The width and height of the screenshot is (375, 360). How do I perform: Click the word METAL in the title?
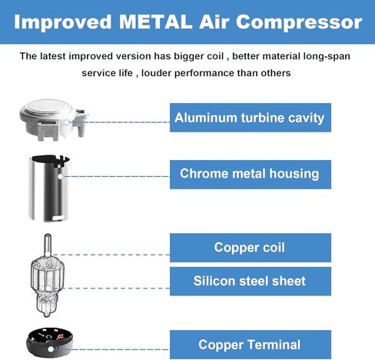pos(155,22)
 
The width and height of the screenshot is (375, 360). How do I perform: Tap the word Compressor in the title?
pos(299,22)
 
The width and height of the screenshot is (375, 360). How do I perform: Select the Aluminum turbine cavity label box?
pos(251,118)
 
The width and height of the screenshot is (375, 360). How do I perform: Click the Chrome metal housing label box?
pos(251,175)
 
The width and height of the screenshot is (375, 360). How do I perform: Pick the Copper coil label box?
pos(251,248)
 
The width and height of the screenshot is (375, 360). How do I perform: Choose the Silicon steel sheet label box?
pos(251,282)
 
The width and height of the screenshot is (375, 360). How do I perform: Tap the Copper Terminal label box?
pos(251,345)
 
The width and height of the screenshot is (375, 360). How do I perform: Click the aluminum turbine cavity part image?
pos(53,120)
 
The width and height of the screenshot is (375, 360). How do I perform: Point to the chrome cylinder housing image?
pos(49,188)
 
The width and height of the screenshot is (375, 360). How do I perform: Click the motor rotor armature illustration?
pos(48,275)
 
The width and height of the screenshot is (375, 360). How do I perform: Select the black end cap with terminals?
pos(48,342)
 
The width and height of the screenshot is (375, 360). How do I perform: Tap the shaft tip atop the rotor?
pos(48,235)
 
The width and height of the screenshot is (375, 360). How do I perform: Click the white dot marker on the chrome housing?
pos(60,176)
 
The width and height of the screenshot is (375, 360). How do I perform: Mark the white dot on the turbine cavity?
pos(67,122)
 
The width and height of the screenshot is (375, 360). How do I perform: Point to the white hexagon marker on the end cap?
pos(51,348)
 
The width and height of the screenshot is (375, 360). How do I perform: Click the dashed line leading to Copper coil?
pos(111,255)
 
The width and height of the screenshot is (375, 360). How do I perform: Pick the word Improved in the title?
pos(63,23)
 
